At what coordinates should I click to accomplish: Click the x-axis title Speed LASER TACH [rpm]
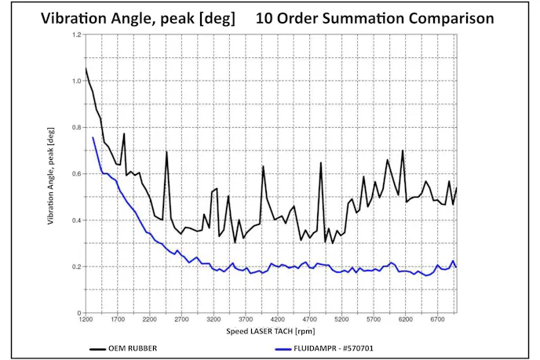coord(271,332)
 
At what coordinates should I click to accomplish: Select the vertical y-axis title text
coord(53,174)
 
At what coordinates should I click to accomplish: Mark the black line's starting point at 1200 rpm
coord(85,67)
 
